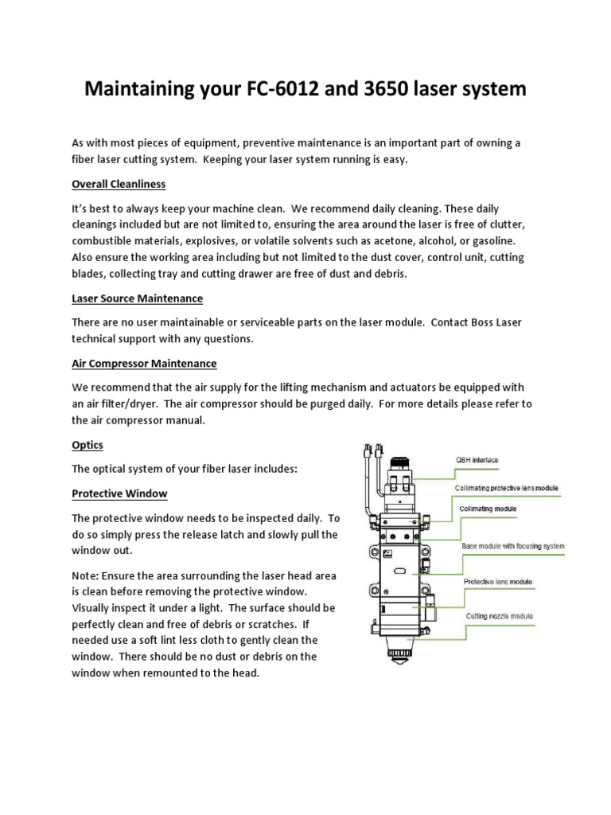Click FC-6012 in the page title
pyautogui.click(x=271, y=90)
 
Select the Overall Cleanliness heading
pyautogui.click(x=119, y=184)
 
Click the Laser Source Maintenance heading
pyautogui.click(x=137, y=298)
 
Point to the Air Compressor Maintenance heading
pyautogui.click(x=144, y=364)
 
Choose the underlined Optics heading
pyautogui.click(x=88, y=445)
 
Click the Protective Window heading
pyautogui.click(x=119, y=493)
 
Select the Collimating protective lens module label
pyautogui.click(x=506, y=487)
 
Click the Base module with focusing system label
pyautogui.click(x=513, y=547)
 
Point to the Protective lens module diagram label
pyautogui.click(x=499, y=582)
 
